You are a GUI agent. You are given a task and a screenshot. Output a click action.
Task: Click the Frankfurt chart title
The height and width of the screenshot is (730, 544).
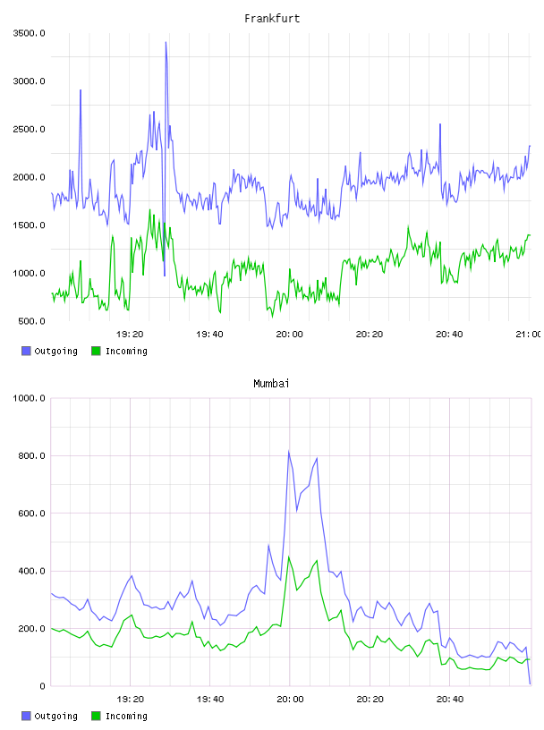click(x=272, y=18)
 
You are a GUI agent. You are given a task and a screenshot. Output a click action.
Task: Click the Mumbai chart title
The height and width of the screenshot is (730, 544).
click(x=271, y=383)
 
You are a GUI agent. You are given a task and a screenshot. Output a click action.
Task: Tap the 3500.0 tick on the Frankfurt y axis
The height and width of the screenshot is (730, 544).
click(x=29, y=33)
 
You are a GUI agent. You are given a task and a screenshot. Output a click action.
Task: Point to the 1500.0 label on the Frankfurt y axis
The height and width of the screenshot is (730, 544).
click(x=29, y=225)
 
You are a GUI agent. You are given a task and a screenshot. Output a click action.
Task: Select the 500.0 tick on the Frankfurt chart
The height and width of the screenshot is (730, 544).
click(x=31, y=321)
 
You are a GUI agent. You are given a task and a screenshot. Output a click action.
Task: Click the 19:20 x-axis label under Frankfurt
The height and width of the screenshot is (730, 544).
click(x=130, y=334)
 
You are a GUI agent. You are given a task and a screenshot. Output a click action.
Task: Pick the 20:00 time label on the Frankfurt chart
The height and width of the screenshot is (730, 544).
click(x=289, y=334)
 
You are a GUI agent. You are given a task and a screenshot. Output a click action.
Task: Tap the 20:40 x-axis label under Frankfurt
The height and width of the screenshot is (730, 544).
click(x=449, y=334)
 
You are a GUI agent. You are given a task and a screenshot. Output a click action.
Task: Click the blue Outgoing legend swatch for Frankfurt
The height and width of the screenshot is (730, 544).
click(x=26, y=351)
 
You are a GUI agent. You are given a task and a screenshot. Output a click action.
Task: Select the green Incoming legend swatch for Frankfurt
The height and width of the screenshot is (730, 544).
click(x=96, y=351)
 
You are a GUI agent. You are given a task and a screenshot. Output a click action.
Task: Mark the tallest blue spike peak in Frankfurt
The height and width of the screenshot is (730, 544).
click(x=166, y=42)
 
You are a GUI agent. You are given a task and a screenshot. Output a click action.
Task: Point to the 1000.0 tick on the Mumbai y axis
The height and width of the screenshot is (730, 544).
click(x=29, y=398)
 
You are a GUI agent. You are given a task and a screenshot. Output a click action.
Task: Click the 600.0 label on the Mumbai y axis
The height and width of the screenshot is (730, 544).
click(x=31, y=513)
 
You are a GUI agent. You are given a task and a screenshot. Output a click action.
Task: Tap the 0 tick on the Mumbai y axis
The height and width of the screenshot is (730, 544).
click(x=42, y=686)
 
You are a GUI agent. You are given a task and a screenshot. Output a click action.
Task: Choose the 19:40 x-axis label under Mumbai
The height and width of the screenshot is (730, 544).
click(x=209, y=699)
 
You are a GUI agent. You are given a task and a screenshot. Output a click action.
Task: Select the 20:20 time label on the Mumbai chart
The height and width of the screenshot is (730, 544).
click(x=370, y=699)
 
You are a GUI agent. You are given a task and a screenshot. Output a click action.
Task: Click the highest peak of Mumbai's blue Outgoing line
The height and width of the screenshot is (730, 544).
click(x=289, y=451)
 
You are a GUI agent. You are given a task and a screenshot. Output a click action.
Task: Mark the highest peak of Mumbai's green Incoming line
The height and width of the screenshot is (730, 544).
click(x=289, y=556)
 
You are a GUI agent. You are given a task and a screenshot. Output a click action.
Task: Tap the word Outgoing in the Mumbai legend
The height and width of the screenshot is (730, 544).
click(x=55, y=716)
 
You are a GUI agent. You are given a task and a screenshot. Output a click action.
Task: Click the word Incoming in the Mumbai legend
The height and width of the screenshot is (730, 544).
click(x=126, y=716)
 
